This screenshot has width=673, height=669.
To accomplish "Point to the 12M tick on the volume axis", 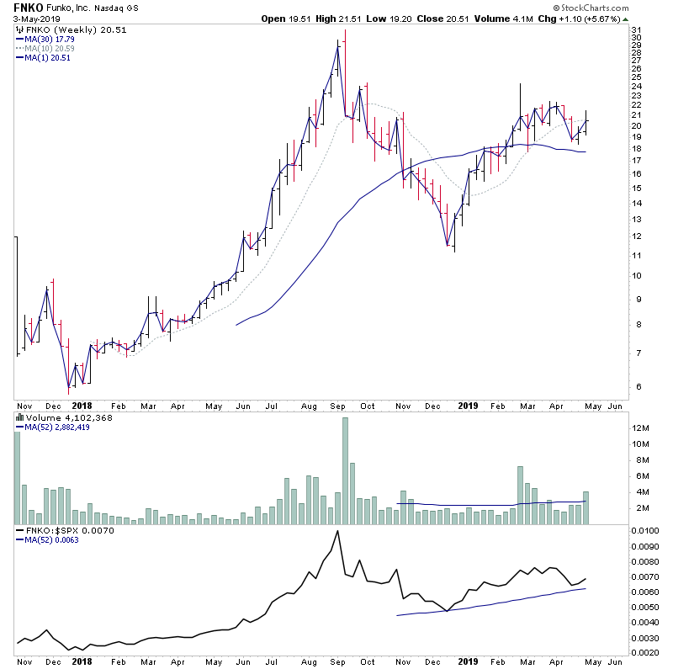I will click(x=642, y=428).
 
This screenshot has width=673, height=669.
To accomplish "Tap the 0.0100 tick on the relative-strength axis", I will click(x=646, y=532).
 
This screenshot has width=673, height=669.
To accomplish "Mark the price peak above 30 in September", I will click(x=345, y=32).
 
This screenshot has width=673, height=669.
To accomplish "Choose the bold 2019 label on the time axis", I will click(x=469, y=405).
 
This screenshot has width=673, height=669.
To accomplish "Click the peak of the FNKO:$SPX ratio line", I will click(x=337, y=532).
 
